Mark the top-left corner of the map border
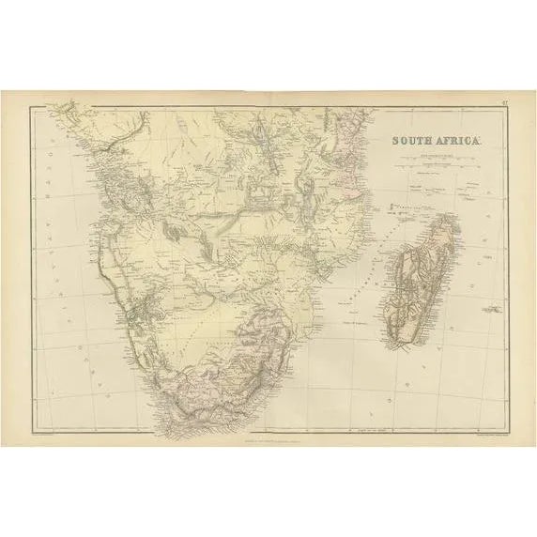[30, 107]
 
